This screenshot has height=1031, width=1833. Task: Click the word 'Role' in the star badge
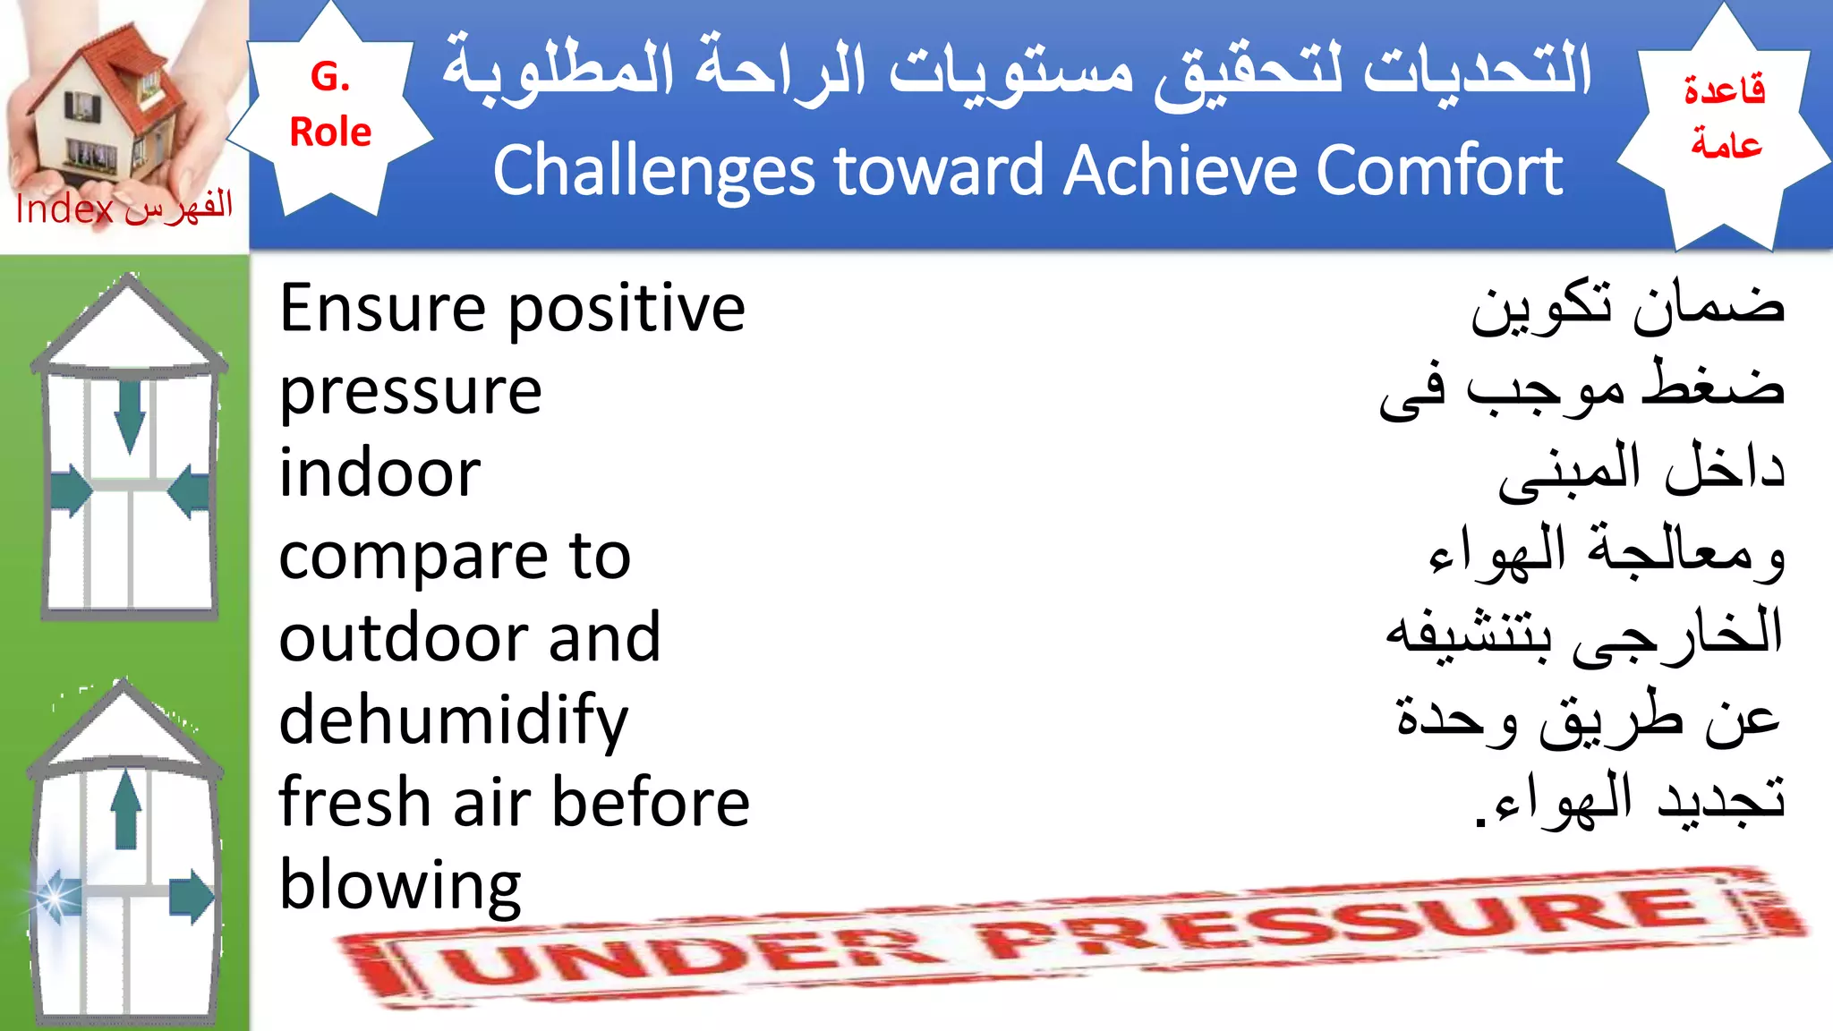tap(329, 132)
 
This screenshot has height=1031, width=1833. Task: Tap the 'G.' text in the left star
tap(329, 77)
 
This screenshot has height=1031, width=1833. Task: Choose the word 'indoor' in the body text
tap(379, 473)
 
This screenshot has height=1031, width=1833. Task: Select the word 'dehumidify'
tap(453, 721)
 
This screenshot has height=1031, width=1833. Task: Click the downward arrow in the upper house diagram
tap(130, 416)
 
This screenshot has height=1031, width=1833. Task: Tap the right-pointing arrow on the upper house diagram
tap(72, 491)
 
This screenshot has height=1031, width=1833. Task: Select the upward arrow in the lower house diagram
tap(126, 810)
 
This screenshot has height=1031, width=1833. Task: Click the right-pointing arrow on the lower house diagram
tap(192, 897)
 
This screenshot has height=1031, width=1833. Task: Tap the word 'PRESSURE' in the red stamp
tap(1343, 922)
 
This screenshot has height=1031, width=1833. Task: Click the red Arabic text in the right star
tap(1725, 116)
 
